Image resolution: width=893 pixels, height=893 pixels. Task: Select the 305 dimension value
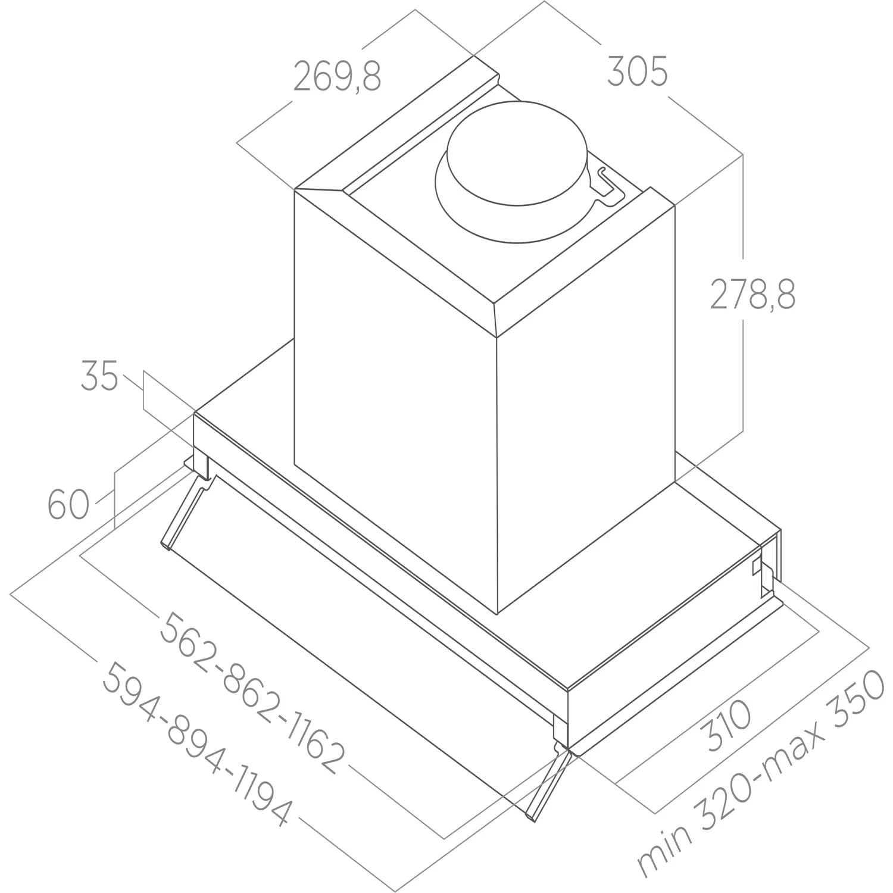click(x=638, y=71)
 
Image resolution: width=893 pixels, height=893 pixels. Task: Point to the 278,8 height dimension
click(x=753, y=296)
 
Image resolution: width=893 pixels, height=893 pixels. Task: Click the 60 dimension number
click(x=68, y=504)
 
